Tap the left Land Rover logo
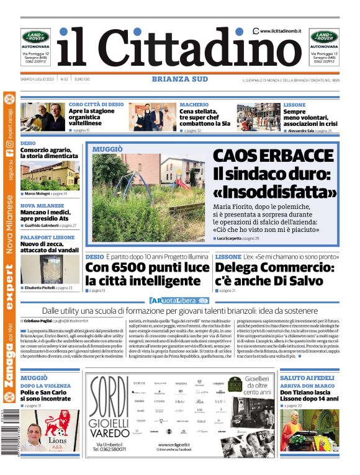click(x=36, y=37)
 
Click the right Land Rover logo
click(x=324, y=37)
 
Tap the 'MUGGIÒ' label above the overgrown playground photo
click(x=107, y=149)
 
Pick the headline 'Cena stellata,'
click(x=202, y=112)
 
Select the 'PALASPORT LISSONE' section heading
click(x=47, y=238)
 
